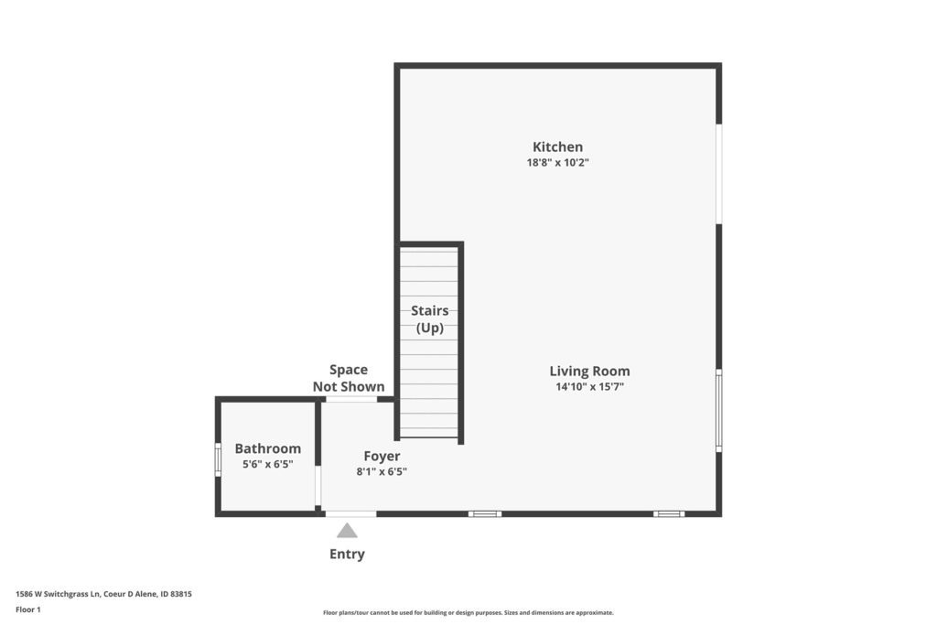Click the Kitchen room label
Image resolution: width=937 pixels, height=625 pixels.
[x=557, y=147]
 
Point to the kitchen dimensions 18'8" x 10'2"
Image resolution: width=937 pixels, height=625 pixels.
[x=557, y=163]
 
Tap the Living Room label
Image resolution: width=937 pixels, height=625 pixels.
[x=590, y=371]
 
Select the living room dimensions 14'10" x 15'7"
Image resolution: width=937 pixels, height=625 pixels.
[x=590, y=386]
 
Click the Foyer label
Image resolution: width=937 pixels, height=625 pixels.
[x=382, y=457]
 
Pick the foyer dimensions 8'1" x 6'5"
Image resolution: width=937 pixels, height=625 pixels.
[x=382, y=471]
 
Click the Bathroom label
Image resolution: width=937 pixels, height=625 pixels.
[x=268, y=448]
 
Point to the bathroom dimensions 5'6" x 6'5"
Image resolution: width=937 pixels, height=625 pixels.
[x=268, y=464]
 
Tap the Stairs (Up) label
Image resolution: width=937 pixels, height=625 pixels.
[x=430, y=319]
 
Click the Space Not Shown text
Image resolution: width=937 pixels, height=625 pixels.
[x=349, y=378]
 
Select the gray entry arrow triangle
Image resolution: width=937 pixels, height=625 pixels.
[x=347, y=531]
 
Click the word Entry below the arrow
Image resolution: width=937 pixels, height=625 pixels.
[x=347, y=554]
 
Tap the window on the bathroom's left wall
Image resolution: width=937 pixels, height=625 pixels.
[x=218, y=459]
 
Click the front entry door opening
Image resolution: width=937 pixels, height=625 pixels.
[x=350, y=514]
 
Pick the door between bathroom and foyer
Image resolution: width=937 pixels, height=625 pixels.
[x=318, y=486]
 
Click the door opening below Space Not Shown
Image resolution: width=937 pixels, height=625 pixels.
[x=351, y=399]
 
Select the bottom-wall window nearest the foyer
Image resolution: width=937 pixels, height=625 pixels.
[x=485, y=514]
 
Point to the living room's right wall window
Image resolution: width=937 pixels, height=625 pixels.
[x=719, y=411]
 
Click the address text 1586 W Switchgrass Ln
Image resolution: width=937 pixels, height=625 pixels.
[x=58, y=594]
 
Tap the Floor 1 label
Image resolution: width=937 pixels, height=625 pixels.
[x=28, y=609]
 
